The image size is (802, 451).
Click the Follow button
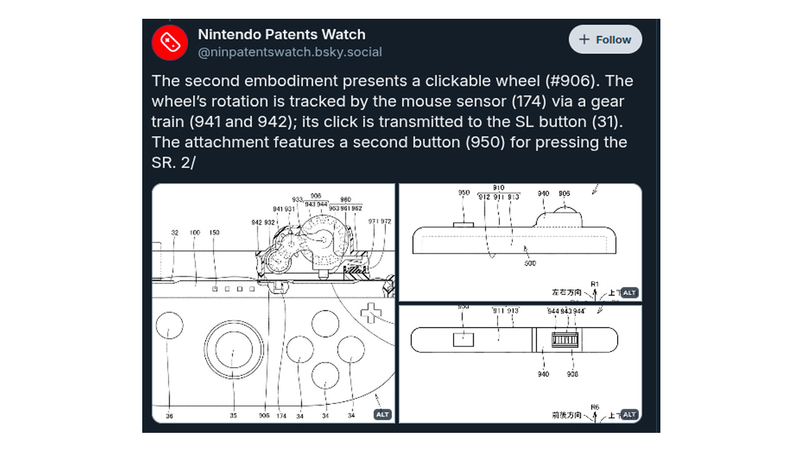[x=605, y=39]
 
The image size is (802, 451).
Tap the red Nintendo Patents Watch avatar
[x=170, y=43]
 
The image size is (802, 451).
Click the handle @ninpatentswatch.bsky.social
[x=289, y=53]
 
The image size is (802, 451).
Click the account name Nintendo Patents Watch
[x=281, y=34]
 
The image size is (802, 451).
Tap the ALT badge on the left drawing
[x=382, y=414]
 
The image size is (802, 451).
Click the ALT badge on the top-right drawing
[x=629, y=293]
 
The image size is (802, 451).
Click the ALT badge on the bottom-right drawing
[x=629, y=414]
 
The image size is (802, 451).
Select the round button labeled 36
[x=169, y=328]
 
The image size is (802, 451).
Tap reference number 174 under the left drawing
[x=282, y=415]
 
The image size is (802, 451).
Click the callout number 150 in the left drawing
[x=214, y=233]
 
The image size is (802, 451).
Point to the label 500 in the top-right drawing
[x=530, y=264]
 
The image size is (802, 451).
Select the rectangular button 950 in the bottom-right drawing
[x=464, y=340]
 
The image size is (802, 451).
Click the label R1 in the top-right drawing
[x=595, y=284]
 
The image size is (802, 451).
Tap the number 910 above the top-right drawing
[x=499, y=188]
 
